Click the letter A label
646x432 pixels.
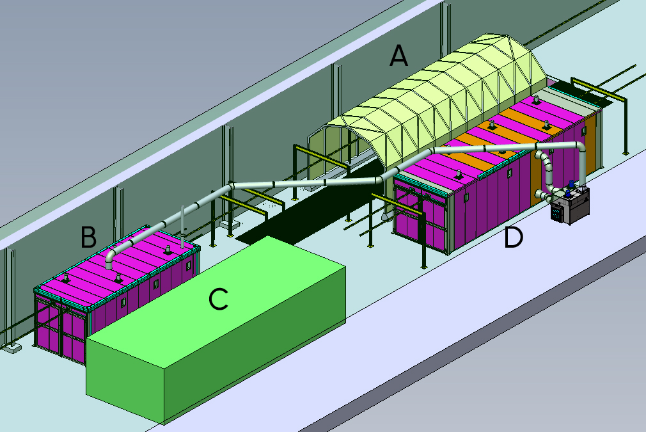coord(398,56)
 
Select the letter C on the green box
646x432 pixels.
coord(218,299)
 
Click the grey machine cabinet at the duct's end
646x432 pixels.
coord(571,205)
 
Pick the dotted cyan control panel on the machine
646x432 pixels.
coord(558,212)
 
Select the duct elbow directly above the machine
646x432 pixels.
coord(580,149)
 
